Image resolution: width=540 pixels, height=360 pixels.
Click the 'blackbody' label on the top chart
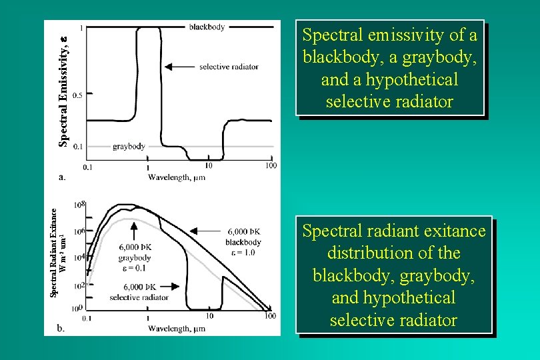pyautogui.click(x=207, y=27)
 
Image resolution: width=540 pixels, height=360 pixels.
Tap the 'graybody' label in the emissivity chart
pyautogui.click(x=129, y=146)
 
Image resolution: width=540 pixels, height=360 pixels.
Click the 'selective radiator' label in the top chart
pyautogui.click(x=229, y=67)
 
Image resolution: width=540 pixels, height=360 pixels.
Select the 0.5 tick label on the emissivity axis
pyautogui.click(x=77, y=95)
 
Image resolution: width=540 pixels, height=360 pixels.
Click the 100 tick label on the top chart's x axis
pyautogui.click(x=271, y=165)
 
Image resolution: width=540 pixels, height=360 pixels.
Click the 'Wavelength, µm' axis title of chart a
pyautogui.click(x=176, y=177)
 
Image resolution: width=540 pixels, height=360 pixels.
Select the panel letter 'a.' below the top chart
pyautogui.click(x=62, y=177)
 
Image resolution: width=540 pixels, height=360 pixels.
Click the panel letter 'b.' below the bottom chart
pyautogui.click(x=61, y=328)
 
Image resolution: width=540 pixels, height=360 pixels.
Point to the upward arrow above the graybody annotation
pyautogui.click(x=134, y=231)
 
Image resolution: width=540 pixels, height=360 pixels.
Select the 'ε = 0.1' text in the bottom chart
pyautogui.click(x=134, y=268)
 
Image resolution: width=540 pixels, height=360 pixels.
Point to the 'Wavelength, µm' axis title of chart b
pyautogui.click(x=176, y=328)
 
